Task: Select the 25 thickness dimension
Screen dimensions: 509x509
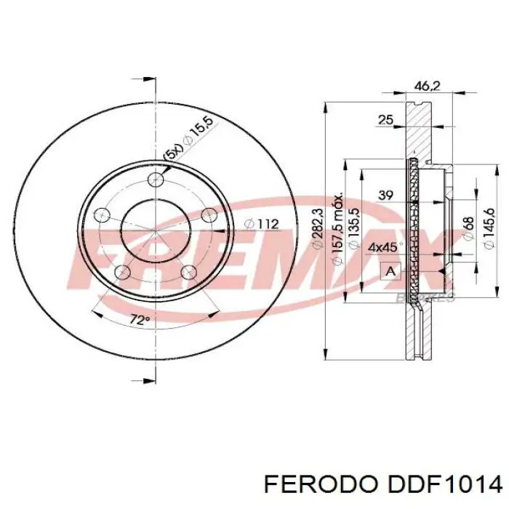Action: [x=385, y=119]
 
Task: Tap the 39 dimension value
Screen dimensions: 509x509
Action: [x=385, y=195]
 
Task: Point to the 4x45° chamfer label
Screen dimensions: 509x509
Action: [x=382, y=247]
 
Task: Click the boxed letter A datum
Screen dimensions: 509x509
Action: [x=391, y=272]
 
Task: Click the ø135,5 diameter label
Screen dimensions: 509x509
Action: [x=355, y=228]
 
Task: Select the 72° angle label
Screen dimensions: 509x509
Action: [x=139, y=320]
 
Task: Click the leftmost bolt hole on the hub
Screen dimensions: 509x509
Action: [x=103, y=215]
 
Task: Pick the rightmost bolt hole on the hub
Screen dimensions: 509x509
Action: [x=208, y=215]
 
